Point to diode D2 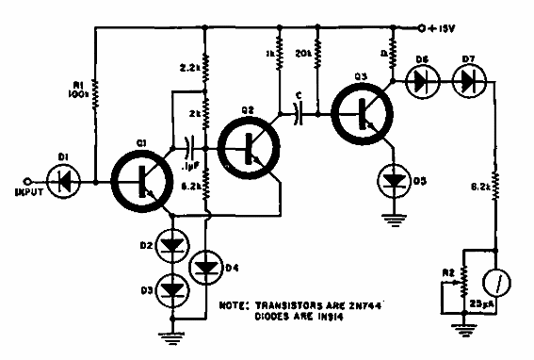(x=173, y=248)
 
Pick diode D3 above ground (x=173, y=287)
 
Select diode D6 (x=419, y=83)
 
